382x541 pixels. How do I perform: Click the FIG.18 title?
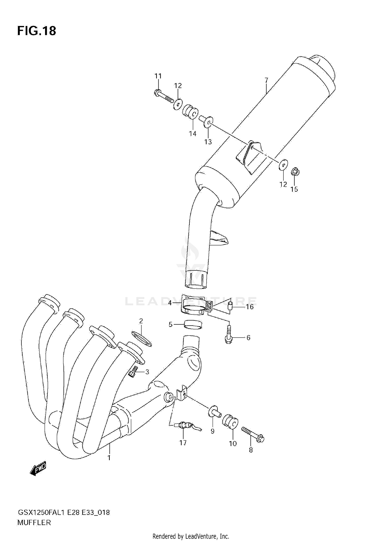36,31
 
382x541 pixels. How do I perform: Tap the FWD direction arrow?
38,468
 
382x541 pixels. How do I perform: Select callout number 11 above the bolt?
158,76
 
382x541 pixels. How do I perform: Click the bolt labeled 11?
163,97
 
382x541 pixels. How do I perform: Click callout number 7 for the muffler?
266,80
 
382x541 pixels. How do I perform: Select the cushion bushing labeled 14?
190,112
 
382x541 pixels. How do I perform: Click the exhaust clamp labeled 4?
194,305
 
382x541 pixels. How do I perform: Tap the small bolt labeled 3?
133,372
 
